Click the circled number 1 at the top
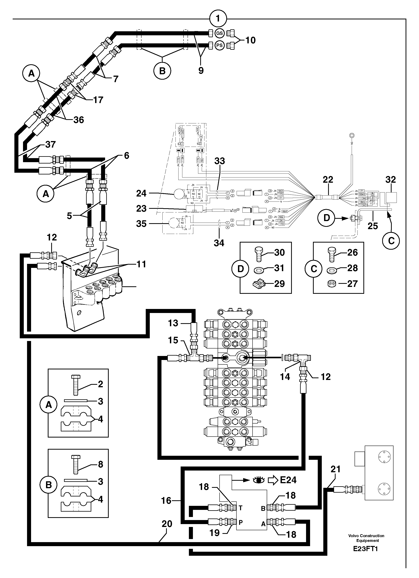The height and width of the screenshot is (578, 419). [218, 19]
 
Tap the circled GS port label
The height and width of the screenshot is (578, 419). [219, 33]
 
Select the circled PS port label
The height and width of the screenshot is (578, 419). [219, 45]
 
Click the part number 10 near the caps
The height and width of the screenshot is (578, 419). [250, 40]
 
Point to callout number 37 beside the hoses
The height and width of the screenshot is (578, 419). [50, 144]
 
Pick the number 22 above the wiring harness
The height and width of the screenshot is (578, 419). [328, 179]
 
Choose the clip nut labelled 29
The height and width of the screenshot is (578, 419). [260, 284]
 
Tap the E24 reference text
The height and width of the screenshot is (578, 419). [288, 480]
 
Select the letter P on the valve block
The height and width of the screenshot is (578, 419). [240, 522]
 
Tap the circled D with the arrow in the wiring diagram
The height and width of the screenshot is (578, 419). [327, 218]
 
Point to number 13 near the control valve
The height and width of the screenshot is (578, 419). [173, 323]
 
